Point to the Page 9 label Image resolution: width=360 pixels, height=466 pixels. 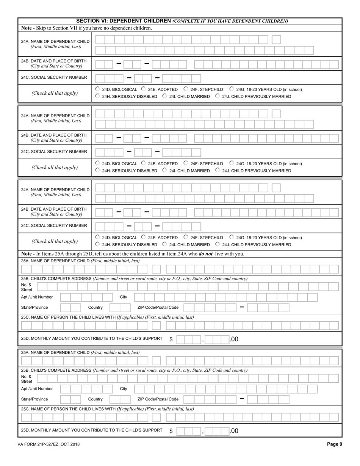(335, 444)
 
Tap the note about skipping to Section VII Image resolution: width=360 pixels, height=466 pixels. (86, 28)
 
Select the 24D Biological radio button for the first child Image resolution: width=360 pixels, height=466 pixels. (97, 89)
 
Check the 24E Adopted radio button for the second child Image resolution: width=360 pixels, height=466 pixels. (143, 163)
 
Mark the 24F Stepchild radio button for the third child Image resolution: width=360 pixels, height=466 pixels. (186, 237)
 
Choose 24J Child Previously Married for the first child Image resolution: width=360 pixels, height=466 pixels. (218, 96)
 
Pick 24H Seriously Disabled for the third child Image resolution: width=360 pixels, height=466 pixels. (97, 244)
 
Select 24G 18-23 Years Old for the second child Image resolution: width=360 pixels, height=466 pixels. (232, 163)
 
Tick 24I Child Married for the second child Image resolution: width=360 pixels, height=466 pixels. (164, 170)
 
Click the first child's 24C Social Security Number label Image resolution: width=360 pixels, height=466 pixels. (54, 77)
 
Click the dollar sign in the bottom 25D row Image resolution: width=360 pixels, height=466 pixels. (171, 431)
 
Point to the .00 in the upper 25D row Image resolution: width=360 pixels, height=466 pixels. (234, 339)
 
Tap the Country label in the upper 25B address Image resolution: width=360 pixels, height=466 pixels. (95, 307)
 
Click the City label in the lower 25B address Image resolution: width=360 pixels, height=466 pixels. (124, 389)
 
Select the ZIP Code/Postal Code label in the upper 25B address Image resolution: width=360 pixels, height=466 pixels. (158, 307)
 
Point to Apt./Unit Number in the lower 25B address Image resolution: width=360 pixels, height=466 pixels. (37, 389)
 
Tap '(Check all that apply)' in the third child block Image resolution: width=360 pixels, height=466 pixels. (55, 241)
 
